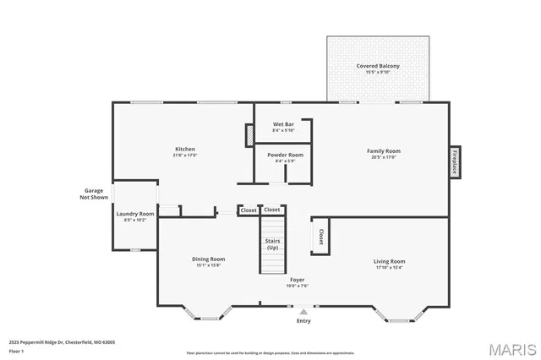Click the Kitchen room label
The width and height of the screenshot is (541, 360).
[x=185, y=149]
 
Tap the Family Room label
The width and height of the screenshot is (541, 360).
[x=383, y=151]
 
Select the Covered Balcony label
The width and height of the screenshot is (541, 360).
[x=378, y=66]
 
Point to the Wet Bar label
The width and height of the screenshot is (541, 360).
[x=283, y=124]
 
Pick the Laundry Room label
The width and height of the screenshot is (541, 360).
[x=135, y=214]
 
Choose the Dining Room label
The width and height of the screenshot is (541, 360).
[x=208, y=259]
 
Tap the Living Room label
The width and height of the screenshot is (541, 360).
[x=389, y=261]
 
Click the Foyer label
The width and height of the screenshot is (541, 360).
[x=298, y=280]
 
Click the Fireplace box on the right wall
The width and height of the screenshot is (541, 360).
[x=454, y=161]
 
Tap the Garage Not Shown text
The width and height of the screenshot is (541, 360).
[x=94, y=194]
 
